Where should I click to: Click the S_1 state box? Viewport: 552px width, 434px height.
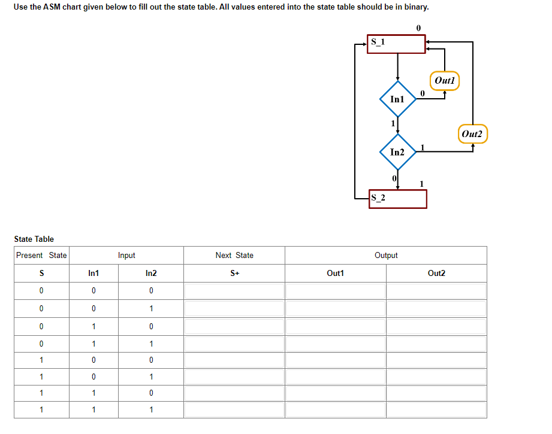coord(396,44)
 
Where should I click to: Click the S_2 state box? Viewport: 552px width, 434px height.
coord(399,199)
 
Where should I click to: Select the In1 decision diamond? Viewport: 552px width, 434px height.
coord(397,99)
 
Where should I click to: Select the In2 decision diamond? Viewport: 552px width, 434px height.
coord(397,152)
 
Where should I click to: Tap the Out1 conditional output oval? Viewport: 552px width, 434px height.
coord(445,80)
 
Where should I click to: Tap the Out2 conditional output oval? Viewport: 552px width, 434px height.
coord(473,133)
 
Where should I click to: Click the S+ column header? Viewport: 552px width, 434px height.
coord(234,273)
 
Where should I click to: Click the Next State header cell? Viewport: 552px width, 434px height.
coord(234,255)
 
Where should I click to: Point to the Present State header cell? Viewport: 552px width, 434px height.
coord(41,255)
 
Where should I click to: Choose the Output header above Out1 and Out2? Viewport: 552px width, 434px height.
coord(386,255)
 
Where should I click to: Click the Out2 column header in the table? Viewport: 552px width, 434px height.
coord(436,273)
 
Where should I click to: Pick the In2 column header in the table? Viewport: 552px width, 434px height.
coord(151,273)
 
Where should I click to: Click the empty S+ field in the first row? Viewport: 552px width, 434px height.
coord(234,291)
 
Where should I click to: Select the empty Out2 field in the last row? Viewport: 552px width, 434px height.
coord(436,410)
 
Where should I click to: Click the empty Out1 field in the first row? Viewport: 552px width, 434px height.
coord(335,291)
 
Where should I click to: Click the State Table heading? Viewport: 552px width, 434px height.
coord(34,239)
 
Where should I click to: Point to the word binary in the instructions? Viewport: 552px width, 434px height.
coord(416,7)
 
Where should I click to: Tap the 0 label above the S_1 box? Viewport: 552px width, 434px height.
coord(418,28)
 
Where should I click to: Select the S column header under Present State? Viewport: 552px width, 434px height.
coord(41,273)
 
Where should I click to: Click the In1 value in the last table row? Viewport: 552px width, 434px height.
coord(93,410)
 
